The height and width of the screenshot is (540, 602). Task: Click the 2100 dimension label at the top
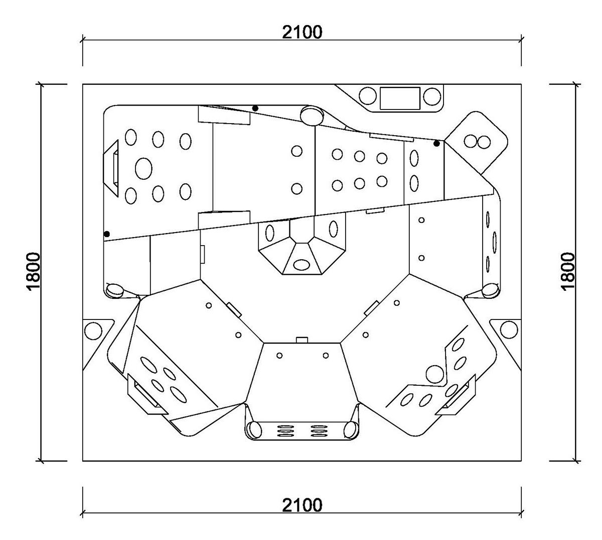[x=302, y=32]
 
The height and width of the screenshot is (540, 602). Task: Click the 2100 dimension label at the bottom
[x=302, y=505]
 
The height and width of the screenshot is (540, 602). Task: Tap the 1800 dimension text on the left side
[x=33, y=271]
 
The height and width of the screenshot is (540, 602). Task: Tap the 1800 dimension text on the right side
[x=568, y=271]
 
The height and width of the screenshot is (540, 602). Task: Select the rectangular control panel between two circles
[x=400, y=98]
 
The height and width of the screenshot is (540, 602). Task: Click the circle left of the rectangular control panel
[x=368, y=96]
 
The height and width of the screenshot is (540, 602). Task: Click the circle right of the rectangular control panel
[x=432, y=96]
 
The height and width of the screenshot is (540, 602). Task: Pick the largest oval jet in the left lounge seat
[x=143, y=168]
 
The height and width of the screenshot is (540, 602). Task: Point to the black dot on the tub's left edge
[x=107, y=234]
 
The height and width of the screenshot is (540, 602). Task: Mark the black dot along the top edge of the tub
[x=255, y=109]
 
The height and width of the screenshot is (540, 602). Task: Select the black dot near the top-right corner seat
[x=436, y=144]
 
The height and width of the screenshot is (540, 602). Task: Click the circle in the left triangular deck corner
[x=93, y=331]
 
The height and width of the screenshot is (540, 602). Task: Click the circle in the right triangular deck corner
[x=509, y=330]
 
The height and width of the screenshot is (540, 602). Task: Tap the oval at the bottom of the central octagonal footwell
[x=302, y=265]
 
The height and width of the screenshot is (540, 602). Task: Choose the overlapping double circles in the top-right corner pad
[x=477, y=142]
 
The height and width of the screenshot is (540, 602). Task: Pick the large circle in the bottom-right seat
[x=435, y=374]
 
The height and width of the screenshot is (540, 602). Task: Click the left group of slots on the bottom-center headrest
[x=285, y=431]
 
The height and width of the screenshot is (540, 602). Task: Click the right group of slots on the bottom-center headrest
[x=319, y=431]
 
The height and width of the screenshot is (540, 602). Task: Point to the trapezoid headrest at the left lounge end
[x=111, y=168]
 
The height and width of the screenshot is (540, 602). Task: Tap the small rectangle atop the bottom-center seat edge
[x=302, y=340]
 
